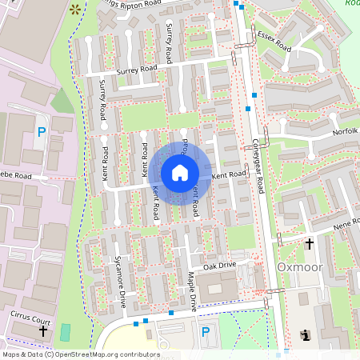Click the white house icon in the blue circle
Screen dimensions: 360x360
click(180, 173)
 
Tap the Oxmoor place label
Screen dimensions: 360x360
click(298, 266)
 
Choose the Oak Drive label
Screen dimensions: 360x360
click(220, 266)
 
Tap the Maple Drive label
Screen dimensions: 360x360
click(192, 291)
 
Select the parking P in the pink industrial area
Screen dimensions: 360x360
click(41, 131)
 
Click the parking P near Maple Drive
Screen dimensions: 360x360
click(205, 331)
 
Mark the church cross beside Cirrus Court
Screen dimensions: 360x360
click(43, 329)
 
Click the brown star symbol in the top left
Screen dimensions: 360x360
click(75, 10)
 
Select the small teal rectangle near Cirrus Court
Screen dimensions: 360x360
click(65, 330)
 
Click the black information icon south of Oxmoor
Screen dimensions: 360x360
click(305, 334)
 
